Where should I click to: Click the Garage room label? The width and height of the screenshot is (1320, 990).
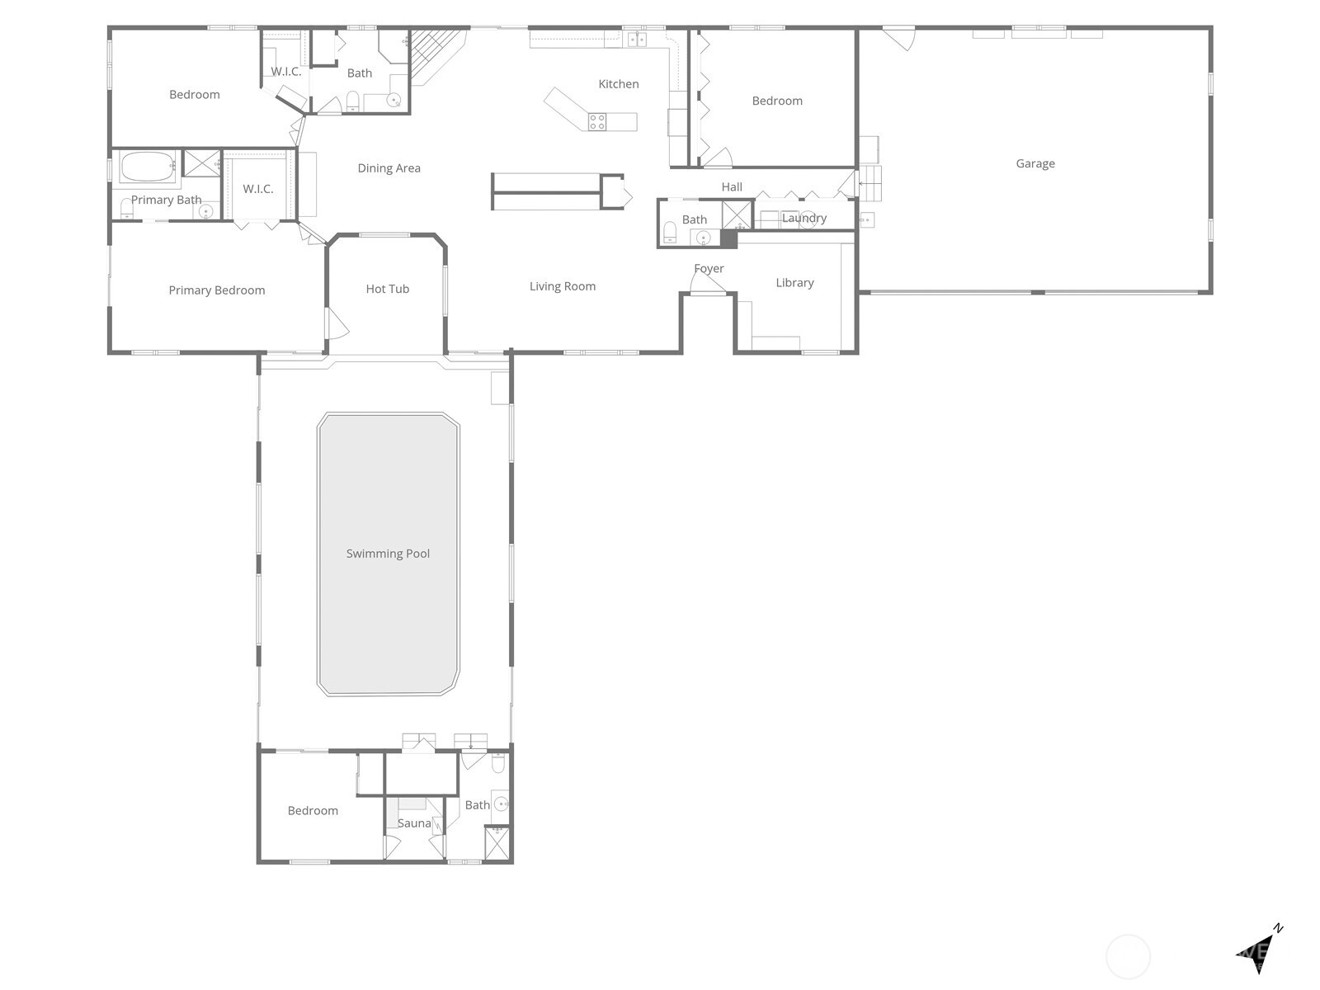1035,163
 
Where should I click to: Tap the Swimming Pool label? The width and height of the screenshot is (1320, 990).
388,554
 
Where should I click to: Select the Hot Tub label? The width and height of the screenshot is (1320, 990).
388,289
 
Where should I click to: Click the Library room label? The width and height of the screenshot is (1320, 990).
794,283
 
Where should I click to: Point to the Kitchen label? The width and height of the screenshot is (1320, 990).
619,84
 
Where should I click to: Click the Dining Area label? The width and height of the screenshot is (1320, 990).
389,168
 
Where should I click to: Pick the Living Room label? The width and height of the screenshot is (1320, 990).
563,286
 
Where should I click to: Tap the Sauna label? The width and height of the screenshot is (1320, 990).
414,823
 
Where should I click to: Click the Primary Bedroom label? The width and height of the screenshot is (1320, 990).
217,290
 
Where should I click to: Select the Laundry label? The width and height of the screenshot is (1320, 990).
804,219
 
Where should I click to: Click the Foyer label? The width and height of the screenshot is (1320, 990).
709,269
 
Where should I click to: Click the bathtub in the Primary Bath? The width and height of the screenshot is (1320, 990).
148,166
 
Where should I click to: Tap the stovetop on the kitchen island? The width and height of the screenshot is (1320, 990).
597,122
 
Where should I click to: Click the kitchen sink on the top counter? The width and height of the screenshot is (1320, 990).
637,39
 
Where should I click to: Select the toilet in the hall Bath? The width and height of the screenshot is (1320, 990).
670,230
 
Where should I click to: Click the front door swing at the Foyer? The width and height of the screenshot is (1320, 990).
706,283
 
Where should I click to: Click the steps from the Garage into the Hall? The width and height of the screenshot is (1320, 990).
870,183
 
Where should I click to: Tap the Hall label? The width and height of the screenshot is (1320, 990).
732,187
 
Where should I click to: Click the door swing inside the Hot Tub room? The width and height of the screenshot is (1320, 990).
337,323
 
